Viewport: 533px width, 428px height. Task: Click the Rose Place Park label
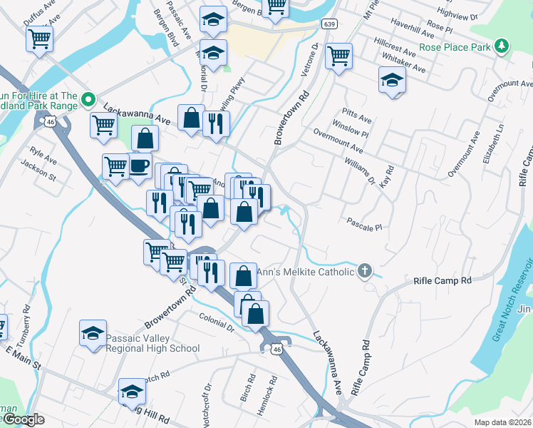[455, 47]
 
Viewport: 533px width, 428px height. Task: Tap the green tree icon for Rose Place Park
[503, 46]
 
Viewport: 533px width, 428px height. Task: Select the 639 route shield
[328, 24]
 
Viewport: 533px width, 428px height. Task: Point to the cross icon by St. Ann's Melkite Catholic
[365, 271]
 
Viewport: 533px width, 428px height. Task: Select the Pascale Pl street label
[366, 224]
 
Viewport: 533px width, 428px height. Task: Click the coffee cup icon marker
[139, 165]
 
